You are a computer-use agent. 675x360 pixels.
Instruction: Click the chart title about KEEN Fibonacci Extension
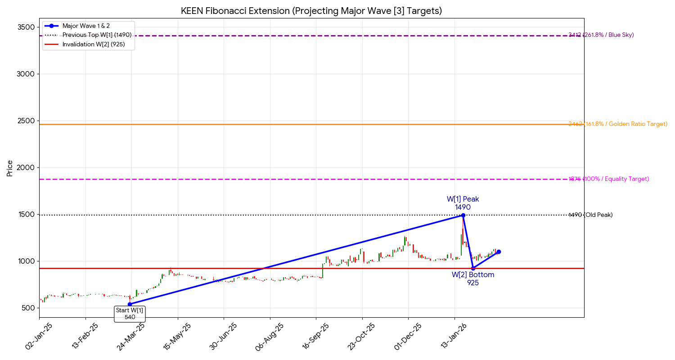pos(311,11)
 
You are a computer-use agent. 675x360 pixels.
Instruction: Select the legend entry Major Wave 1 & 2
pos(86,26)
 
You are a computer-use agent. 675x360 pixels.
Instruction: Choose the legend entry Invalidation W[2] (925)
pos(94,45)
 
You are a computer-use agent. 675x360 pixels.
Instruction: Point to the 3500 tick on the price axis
pos(27,27)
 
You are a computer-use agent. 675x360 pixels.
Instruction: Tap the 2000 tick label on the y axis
pos(27,168)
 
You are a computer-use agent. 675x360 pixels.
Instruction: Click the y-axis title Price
pos(10,168)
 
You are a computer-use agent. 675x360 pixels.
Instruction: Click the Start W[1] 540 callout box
pos(130,314)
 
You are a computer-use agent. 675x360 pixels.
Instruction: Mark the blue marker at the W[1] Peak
pos(463,216)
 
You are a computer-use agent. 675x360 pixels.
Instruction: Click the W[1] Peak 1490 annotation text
pos(463,203)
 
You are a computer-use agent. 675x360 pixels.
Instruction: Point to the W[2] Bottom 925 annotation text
pos(473,279)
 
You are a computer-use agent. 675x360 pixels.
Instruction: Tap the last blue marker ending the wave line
pos(499,252)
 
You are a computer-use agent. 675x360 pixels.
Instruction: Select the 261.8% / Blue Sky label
pos(601,35)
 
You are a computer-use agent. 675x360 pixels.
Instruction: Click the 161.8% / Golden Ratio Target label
pos(618,124)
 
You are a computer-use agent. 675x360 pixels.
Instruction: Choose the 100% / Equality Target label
pos(609,179)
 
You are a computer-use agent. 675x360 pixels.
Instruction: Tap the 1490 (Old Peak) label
pos(590,215)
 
